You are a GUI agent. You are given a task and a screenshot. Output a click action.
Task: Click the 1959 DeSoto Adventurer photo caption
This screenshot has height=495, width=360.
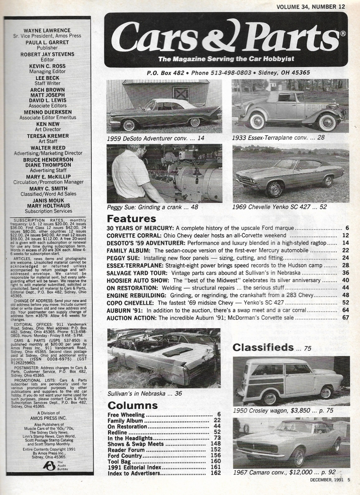click(156, 138)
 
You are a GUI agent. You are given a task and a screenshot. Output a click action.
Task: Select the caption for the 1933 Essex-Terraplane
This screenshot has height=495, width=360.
click(278, 137)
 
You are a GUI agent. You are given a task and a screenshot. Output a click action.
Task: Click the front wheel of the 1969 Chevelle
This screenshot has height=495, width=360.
click(275, 188)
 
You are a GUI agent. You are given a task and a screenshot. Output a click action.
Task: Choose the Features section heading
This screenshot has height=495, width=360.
click(131, 219)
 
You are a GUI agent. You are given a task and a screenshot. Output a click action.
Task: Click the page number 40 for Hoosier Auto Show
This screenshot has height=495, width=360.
click(345, 281)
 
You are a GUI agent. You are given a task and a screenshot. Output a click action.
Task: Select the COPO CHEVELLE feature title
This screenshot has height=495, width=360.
click(130, 303)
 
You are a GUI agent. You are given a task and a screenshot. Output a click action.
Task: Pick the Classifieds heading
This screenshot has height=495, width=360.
click(263, 347)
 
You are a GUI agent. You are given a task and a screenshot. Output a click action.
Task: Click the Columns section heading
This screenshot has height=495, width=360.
click(132, 405)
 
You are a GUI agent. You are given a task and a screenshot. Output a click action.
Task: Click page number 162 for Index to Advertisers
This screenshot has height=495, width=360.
click(215, 473)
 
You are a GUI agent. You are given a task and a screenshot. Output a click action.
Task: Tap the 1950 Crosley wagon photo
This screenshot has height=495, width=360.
click(291, 381)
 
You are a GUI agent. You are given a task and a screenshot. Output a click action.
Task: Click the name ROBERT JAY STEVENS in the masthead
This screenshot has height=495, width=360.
click(48, 54)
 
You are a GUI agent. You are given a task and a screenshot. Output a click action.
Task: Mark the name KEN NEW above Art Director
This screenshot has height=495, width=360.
click(48, 124)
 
